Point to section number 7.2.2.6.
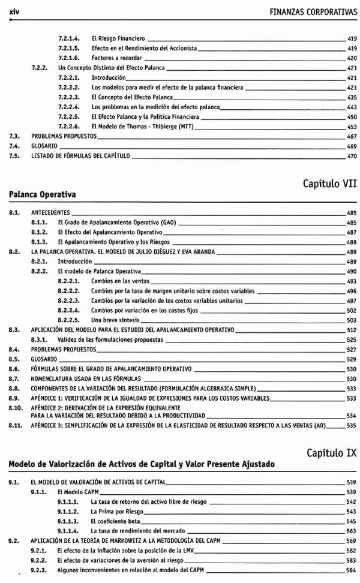tap(70, 127)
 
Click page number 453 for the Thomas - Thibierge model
tap(352, 127)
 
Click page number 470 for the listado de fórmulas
tap(352, 156)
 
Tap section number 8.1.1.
tap(40, 222)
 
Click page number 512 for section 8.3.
tap(352, 330)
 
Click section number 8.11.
tap(16, 425)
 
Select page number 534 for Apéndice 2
tap(352, 415)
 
